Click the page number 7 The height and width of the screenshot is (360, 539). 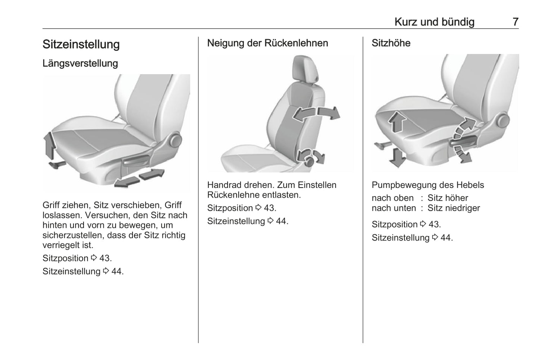(x=516, y=22)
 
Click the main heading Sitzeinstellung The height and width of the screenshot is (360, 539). (x=81, y=44)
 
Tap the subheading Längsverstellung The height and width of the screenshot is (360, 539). (x=80, y=63)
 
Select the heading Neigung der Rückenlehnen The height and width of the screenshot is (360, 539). (x=267, y=43)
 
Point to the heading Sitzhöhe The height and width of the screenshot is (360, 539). (x=391, y=43)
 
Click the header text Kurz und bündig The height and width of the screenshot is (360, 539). (x=435, y=22)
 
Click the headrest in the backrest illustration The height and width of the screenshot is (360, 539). (x=305, y=69)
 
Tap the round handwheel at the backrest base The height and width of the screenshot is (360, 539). (x=309, y=162)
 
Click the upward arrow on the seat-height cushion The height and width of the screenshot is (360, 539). (x=397, y=122)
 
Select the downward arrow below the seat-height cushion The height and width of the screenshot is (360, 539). (x=397, y=158)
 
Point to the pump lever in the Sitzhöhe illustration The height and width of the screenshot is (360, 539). (x=463, y=142)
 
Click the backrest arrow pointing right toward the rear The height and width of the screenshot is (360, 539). (x=329, y=113)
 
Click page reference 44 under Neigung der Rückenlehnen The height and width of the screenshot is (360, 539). (x=282, y=221)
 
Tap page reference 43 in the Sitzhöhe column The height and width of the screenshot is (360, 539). (x=434, y=224)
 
